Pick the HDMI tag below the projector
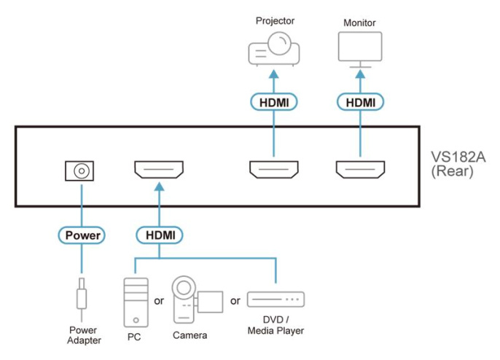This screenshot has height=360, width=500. coord(274,103)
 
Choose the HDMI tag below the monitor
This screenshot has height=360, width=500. coord(359,103)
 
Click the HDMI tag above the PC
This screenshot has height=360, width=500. coord(159,235)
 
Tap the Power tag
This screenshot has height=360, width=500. coord(82,235)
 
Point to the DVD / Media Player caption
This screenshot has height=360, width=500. coord(276,326)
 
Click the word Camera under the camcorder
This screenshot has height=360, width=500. coord(190,336)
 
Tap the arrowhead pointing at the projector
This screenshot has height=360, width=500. coord(274,73)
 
